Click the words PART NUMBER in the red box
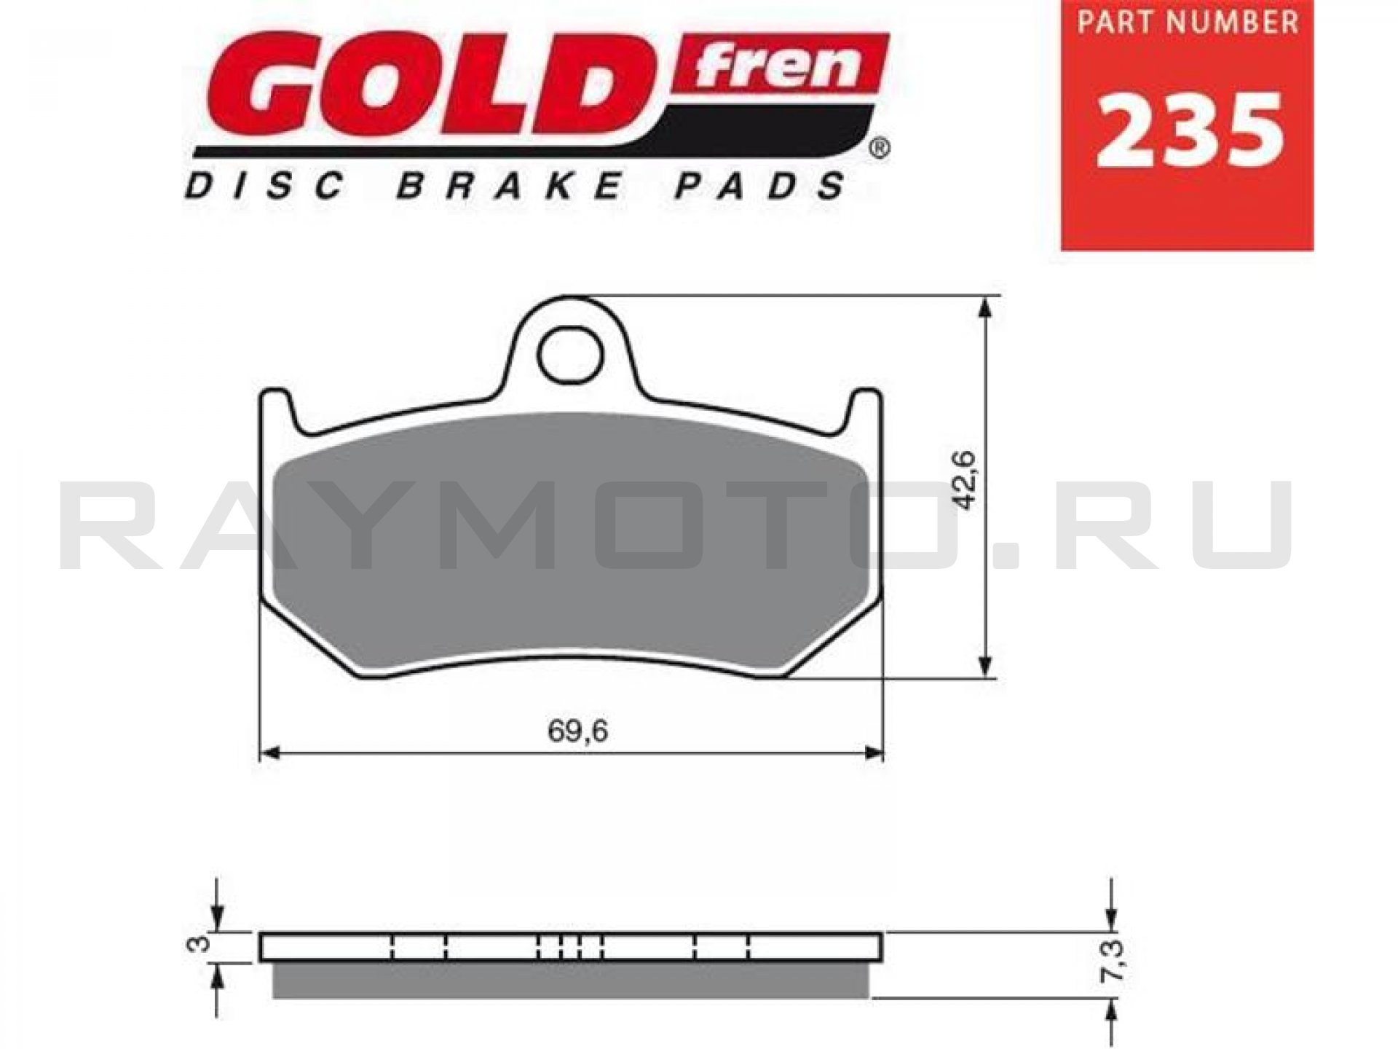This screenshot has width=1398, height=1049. pos(1188,22)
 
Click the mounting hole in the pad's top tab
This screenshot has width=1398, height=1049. pos(571,355)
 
